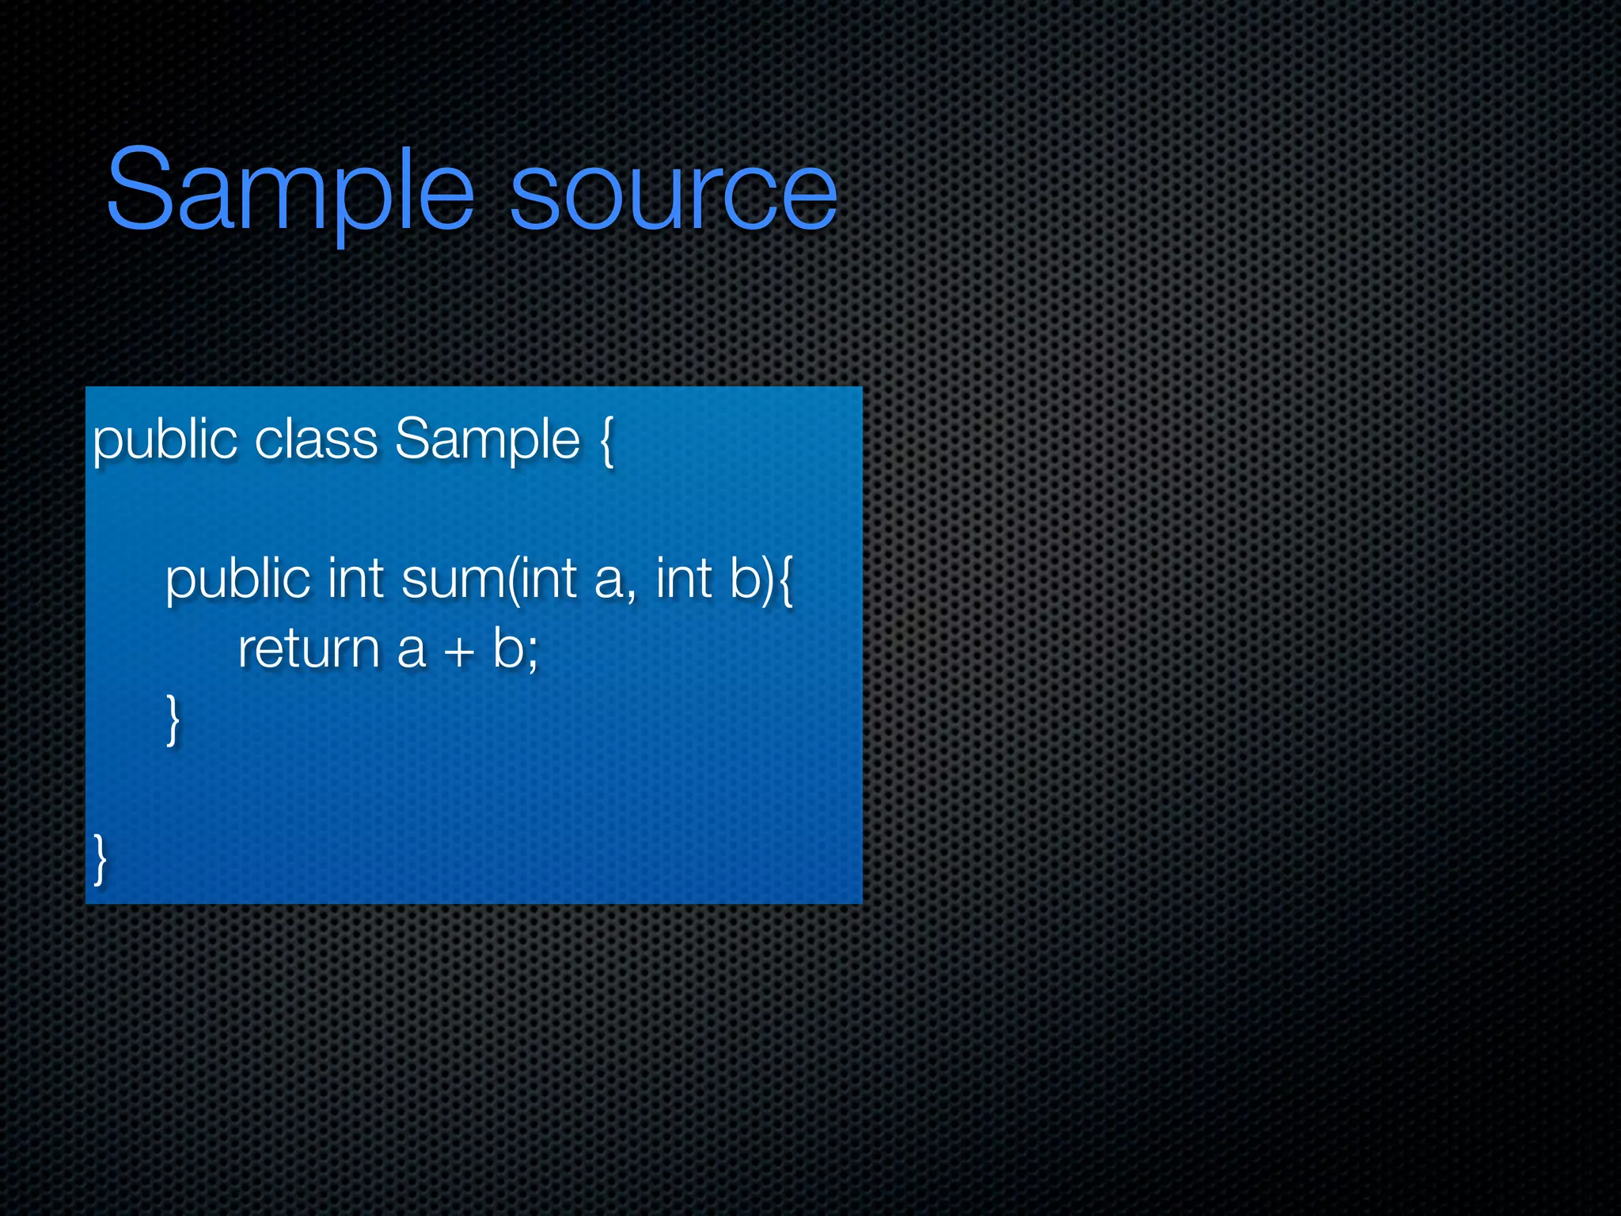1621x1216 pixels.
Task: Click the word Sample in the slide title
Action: point(290,190)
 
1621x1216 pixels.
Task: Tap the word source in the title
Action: point(673,194)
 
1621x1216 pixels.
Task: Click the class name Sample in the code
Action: point(488,440)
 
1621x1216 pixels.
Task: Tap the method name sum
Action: point(452,579)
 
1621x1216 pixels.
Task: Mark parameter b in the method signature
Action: point(745,578)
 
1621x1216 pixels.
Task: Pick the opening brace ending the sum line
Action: point(784,581)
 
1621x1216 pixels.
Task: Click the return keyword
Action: point(309,649)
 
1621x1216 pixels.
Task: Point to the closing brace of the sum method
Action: point(173,719)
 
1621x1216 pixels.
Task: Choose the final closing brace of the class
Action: point(100,859)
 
